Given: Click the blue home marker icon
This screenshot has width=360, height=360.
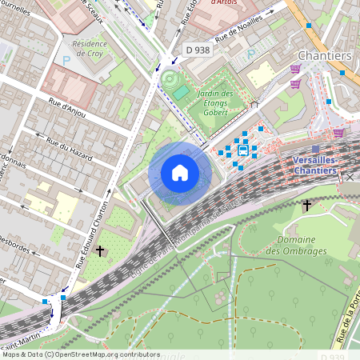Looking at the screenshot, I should (180, 173).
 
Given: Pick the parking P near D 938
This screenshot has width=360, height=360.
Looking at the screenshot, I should (251, 54).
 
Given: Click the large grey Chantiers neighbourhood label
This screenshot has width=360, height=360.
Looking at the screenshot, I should (325, 55).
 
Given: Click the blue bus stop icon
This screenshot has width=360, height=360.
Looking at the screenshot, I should (242, 150).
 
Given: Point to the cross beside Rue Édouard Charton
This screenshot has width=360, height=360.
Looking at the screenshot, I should (100, 251).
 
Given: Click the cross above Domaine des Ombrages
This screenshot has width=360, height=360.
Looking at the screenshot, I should (306, 206).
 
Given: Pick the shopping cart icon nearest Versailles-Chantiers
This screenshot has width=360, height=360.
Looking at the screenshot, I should (338, 133).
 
